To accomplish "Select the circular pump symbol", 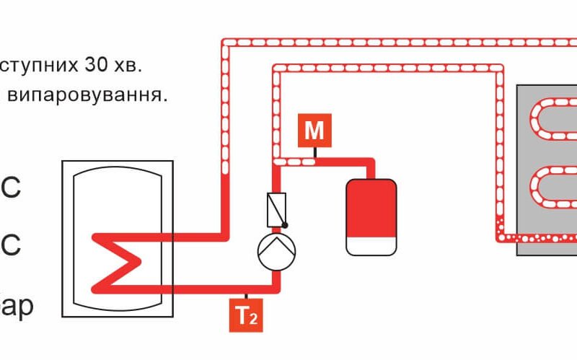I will pyautogui.click(x=277, y=250).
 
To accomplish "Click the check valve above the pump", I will pyautogui.click(x=277, y=208).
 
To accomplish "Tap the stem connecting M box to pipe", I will pyautogui.click(x=314, y=152).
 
